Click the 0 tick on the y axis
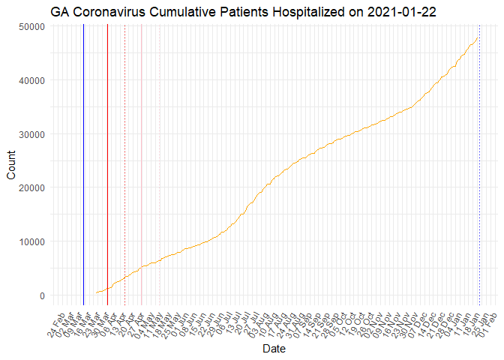(43, 295)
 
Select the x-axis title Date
(273, 349)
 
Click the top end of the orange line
(478, 37)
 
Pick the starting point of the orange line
(96, 293)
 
